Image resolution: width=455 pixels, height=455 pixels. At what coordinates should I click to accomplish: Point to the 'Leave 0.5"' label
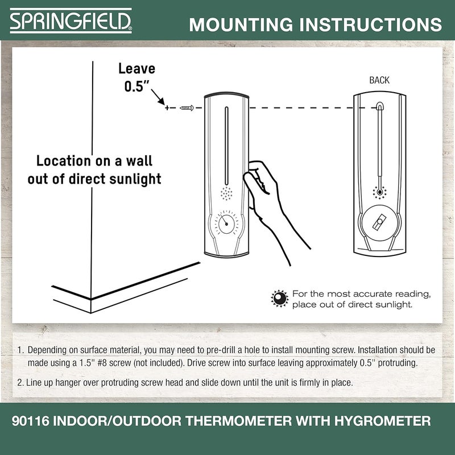coord(136,78)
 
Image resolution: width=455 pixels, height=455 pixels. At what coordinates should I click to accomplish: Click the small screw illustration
coord(187,107)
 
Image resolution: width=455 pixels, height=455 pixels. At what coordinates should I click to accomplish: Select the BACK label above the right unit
coord(379,80)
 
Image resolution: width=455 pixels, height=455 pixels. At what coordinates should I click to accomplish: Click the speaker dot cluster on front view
coord(226,194)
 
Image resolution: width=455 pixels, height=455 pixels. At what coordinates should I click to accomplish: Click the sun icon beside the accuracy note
coord(279,299)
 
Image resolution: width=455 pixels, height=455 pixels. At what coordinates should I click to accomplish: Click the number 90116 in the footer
coord(32,421)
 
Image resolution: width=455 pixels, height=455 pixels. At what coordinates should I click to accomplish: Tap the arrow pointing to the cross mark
coord(159,101)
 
